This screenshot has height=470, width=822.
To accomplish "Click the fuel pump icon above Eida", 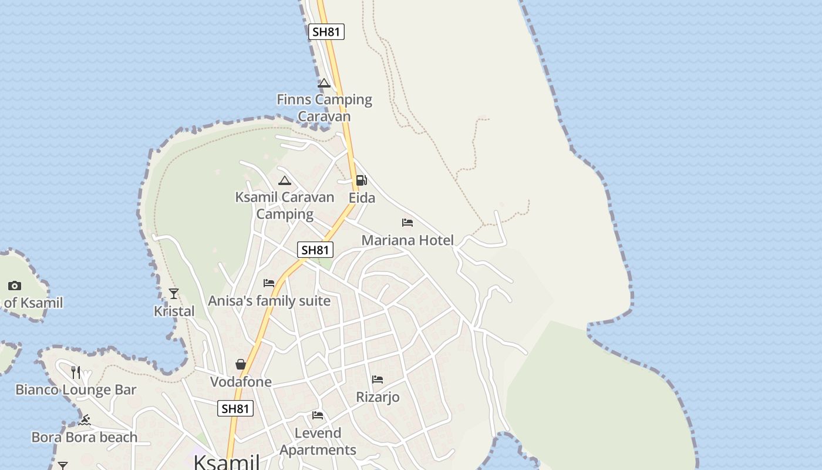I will click(362, 180).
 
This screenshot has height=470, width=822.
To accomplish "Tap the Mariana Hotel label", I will click(407, 240).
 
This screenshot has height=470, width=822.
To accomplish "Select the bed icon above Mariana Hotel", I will click(407, 223).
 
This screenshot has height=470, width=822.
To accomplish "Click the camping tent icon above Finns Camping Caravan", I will click(324, 83).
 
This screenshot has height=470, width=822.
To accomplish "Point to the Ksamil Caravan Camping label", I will click(285, 205).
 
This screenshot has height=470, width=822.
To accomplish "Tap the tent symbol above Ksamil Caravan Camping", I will click(285, 180).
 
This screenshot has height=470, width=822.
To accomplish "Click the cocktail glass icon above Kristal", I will click(174, 293).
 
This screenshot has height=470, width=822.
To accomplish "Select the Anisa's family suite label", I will click(269, 301).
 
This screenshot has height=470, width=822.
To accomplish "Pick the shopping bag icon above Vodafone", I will click(241, 364).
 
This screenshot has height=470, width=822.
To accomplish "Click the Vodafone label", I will click(241, 382).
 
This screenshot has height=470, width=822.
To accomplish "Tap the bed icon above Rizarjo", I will click(378, 380).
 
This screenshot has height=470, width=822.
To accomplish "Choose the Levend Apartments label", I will click(318, 441).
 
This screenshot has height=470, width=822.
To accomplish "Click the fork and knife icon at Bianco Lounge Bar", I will click(76, 372).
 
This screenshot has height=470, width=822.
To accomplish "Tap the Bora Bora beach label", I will click(84, 437).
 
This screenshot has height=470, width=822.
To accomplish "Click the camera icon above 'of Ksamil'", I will click(15, 286).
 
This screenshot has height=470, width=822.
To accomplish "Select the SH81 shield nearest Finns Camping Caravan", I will click(326, 32).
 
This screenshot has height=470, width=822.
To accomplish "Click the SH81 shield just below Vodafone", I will click(235, 408).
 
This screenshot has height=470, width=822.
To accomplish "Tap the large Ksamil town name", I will click(227, 462).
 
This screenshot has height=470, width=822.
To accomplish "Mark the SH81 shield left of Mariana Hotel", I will click(315, 250).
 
